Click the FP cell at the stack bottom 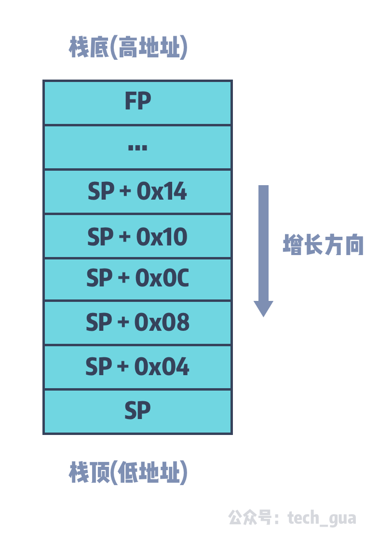137,103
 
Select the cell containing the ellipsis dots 137,148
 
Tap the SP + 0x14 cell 137,192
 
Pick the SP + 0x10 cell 137,237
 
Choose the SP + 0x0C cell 137,279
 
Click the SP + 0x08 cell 137,323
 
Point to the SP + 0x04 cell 137,367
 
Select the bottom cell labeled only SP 137,411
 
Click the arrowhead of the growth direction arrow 263,309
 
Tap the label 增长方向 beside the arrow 323,245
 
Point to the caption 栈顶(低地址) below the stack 128,473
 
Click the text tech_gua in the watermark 322,518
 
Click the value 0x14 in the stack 162,192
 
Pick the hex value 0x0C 162,279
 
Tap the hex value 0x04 162,367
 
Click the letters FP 137,102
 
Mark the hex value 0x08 162,323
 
